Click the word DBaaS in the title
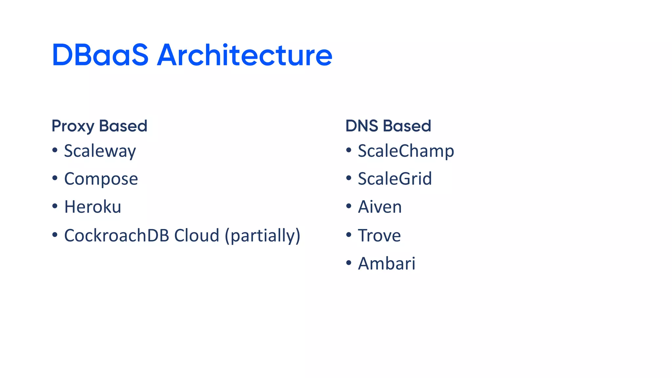pos(100,55)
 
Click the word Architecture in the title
pos(244,55)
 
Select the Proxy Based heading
pos(99,126)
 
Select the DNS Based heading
pos(388,126)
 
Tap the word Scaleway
pos(100,151)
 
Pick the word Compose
pos(101,179)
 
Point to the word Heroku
pos(93,207)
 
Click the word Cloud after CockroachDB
pos(197,236)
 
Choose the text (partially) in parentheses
pos(262,236)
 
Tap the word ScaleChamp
pos(406,151)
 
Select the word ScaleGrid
pos(395,179)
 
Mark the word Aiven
pos(380,207)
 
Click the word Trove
pos(379,236)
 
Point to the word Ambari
pos(387,263)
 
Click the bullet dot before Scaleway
pos(55,150)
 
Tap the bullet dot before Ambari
pos(349,262)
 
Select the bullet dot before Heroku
pos(55,206)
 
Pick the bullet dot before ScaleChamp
pos(349,150)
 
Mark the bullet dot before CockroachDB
pos(55,235)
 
